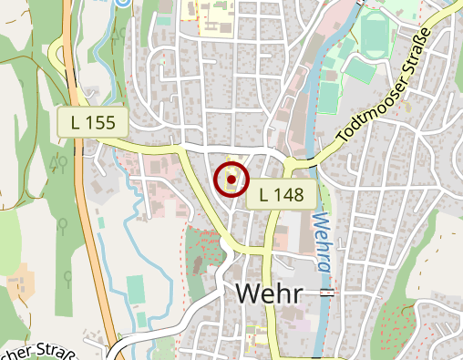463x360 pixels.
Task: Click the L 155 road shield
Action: (x=93, y=122)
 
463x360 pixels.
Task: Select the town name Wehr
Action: (x=272, y=293)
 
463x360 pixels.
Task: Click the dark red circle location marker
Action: (x=231, y=180)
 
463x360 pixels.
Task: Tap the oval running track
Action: (x=373, y=35)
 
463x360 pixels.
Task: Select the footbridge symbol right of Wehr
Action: (x=327, y=293)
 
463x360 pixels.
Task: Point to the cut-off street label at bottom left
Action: (x=41, y=352)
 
